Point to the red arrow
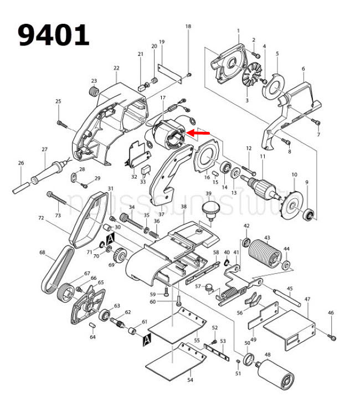coord(199,133)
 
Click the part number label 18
coord(188,27)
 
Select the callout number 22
coord(116,68)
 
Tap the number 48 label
coord(268,355)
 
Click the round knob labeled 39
coord(209,210)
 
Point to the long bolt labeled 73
coord(66,202)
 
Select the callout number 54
coord(189,381)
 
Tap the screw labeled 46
coord(332,336)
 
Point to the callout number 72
coord(40,219)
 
